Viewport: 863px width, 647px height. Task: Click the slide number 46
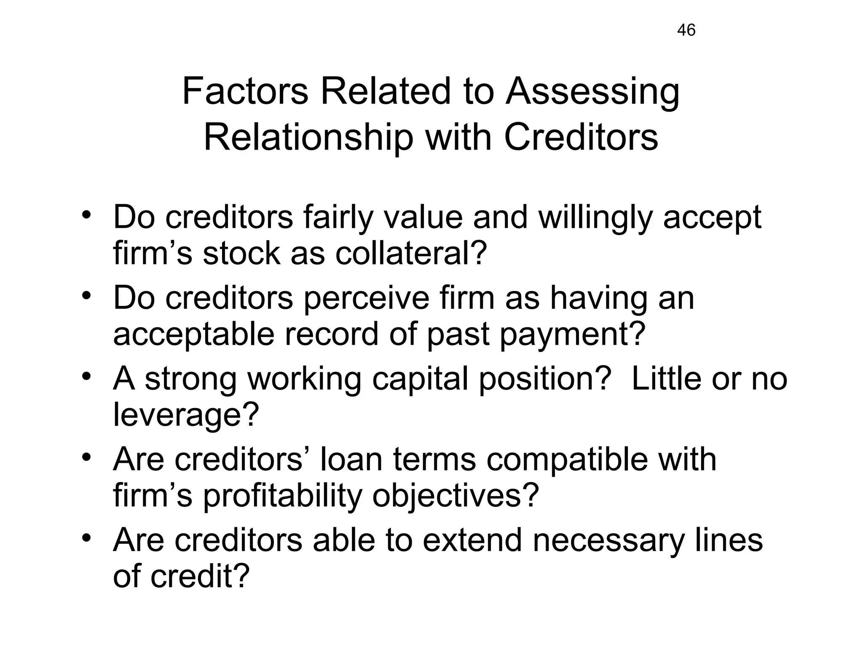[686, 30]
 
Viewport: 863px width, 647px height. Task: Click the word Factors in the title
[245, 91]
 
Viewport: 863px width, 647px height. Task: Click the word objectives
[455, 496]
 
